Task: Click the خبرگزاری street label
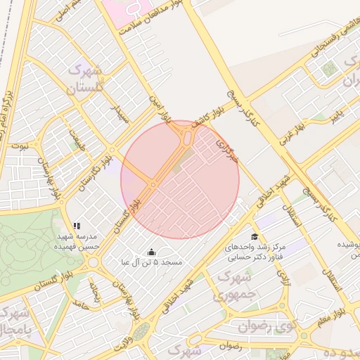228,150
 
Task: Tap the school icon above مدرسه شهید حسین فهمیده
77,226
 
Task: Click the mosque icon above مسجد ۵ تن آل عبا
151,252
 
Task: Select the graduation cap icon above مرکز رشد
254,236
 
